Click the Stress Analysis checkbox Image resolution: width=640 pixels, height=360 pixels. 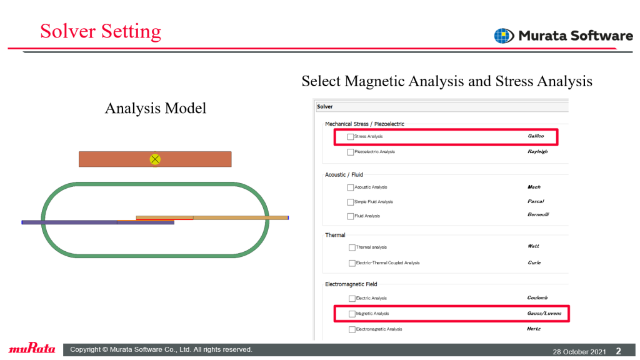[350, 137]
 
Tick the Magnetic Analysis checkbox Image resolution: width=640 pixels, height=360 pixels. [352, 314]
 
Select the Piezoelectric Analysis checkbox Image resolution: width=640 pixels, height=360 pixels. [350, 152]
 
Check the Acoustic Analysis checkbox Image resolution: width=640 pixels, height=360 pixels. [350, 187]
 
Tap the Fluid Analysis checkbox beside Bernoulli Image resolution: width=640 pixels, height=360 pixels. [350, 216]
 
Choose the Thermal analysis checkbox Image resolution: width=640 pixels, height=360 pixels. [352, 247]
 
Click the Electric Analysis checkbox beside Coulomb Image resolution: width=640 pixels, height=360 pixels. [352, 298]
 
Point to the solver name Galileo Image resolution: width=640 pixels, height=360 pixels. [536, 136]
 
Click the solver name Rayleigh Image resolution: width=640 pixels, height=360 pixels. [537, 151]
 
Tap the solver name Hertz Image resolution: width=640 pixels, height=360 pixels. [534, 329]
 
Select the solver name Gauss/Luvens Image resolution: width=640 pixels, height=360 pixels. [544, 314]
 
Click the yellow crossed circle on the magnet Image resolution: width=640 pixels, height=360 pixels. [155, 159]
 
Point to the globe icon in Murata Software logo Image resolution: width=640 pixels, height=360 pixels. [504, 36]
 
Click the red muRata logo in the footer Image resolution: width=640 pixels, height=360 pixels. [32, 348]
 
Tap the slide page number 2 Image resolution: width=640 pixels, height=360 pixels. [618, 351]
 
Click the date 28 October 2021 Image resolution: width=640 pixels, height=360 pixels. [579, 351]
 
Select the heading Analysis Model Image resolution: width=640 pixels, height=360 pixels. [156, 108]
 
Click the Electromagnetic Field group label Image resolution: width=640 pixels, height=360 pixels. [351, 284]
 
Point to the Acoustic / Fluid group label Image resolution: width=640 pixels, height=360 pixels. [344, 175]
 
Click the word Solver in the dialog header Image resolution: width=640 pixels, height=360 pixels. [325, 106]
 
